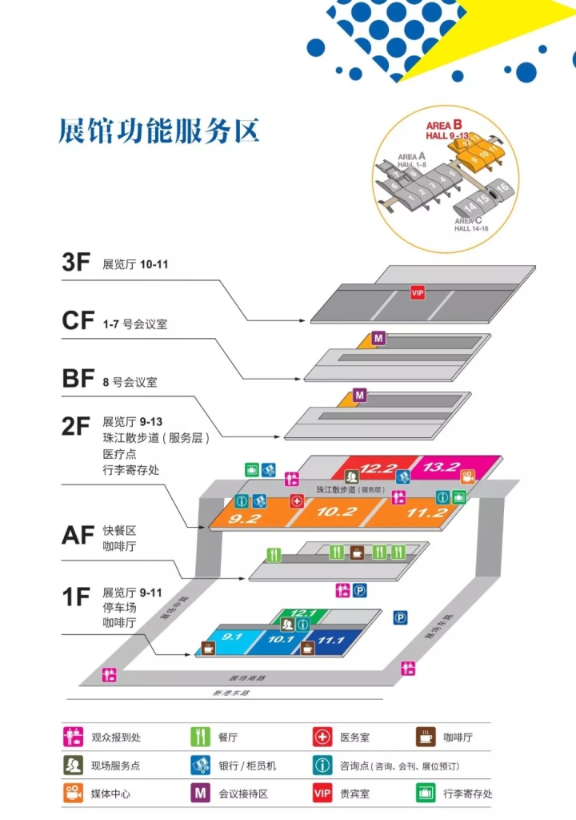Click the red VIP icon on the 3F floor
coord(417,293)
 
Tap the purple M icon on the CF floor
coord(379,339)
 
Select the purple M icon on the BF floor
coord(360,395)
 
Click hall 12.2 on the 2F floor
coord(378,468)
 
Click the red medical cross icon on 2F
coord(297,501)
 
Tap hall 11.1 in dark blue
coord(330,641)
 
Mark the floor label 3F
coord(77,263)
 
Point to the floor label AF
coord(78,534)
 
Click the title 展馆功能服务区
coord(159,131)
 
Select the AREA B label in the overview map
coord(443,125)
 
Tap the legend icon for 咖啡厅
coord(425,736)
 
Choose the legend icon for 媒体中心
coord(74,793)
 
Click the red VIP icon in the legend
coord(322,793)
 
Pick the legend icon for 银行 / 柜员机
coord(200,765)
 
